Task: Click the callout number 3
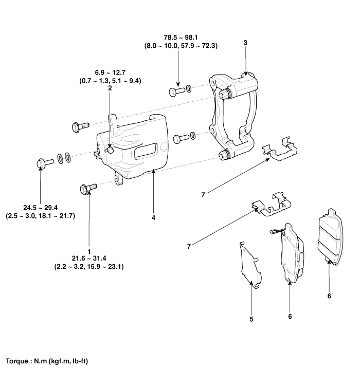246,43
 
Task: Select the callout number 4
153,217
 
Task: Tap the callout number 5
251,319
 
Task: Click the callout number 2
110,88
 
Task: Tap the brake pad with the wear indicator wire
291,254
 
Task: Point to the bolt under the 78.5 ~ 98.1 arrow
176,91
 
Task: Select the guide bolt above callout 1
86,188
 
